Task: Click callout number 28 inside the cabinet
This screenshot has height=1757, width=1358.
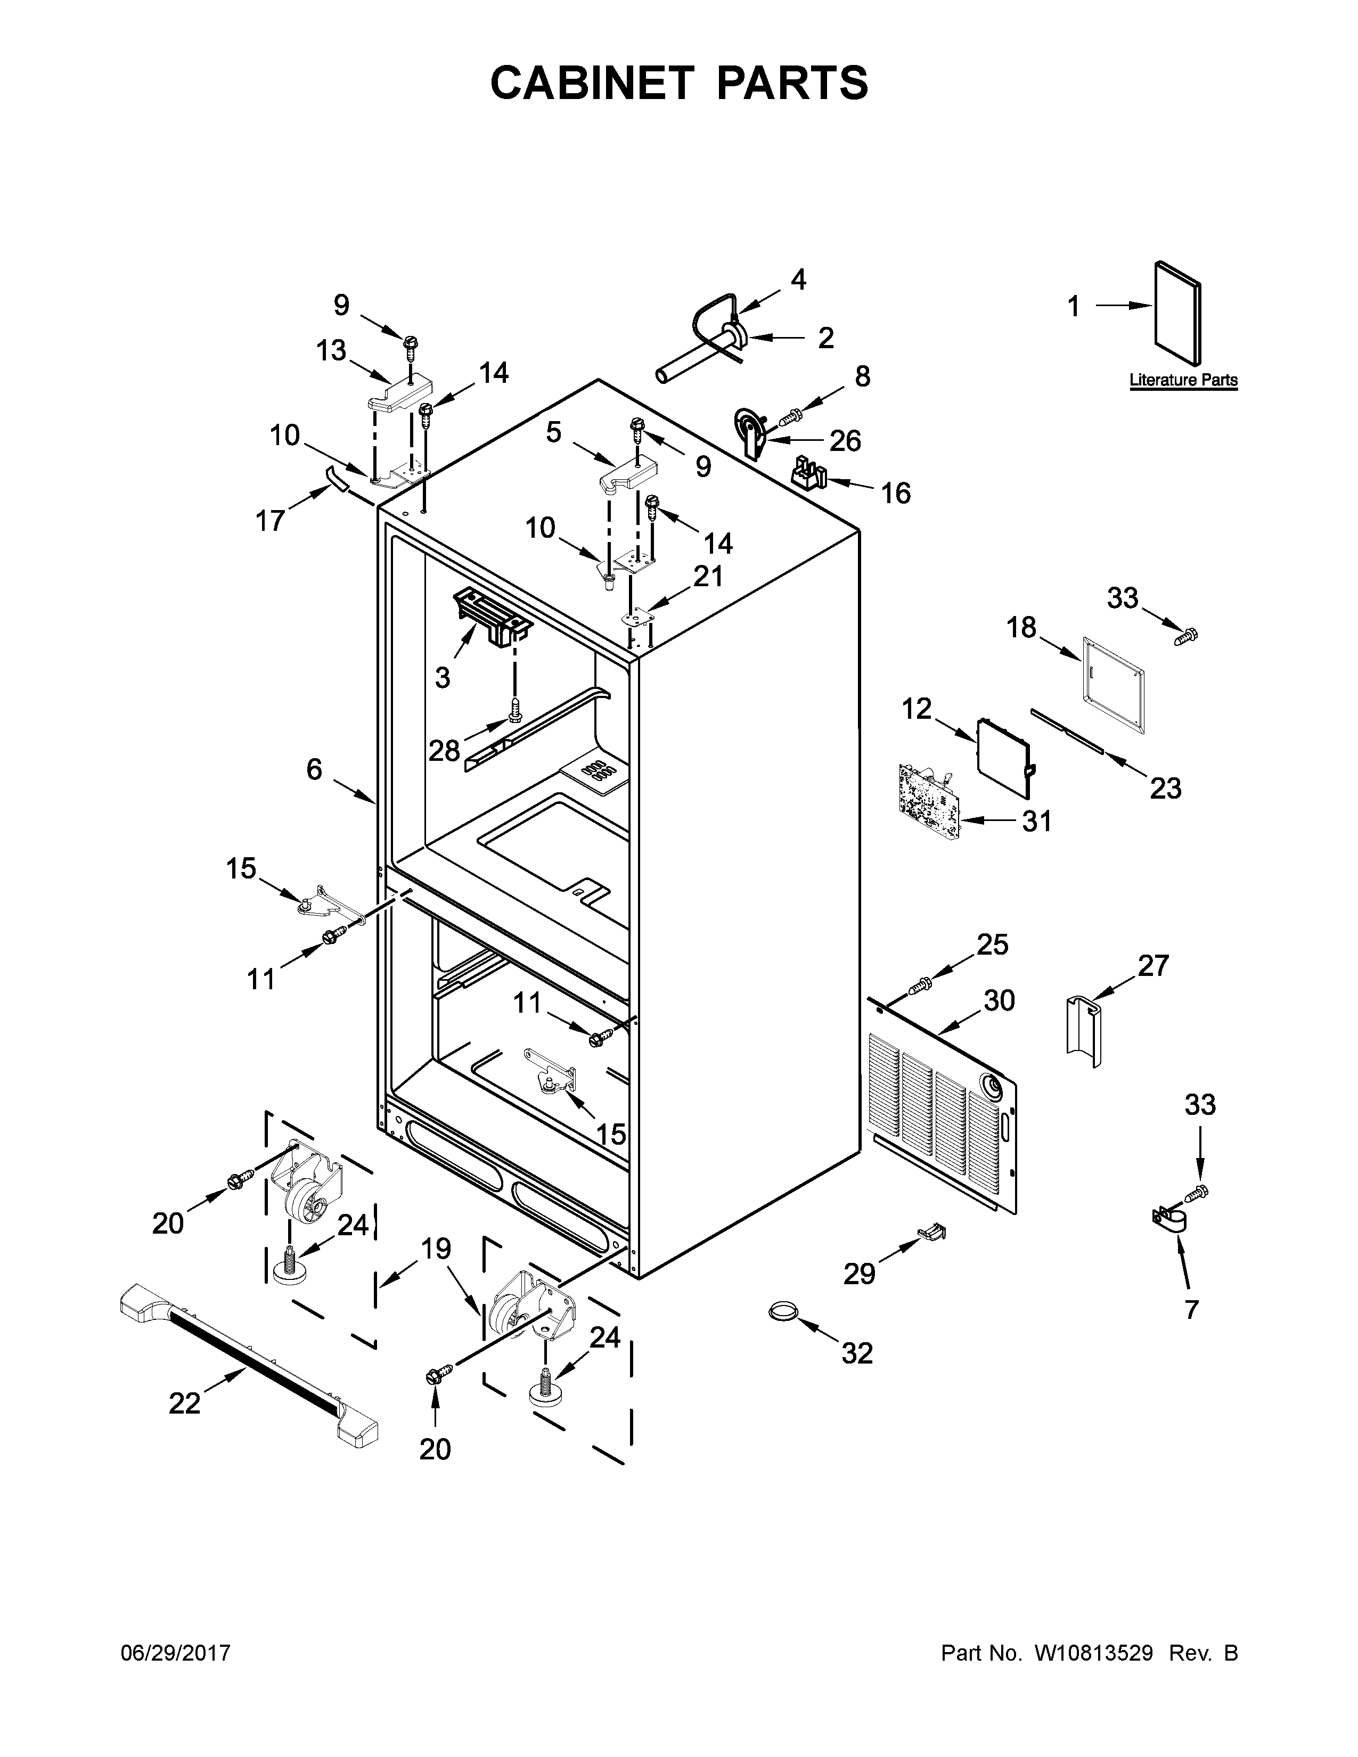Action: coord(443,751)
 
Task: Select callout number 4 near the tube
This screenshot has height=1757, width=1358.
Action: coord(797,279)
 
